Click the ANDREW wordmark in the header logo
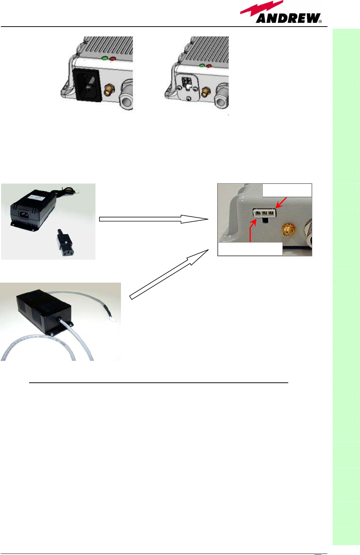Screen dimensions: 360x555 point(288,18)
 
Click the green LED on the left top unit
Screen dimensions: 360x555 point(105,58)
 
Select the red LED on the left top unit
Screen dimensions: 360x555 point(113,59)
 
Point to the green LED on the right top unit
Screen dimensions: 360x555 point(202,66)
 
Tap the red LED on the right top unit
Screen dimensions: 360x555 point(209,66)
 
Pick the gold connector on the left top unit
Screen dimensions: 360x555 point(109,89)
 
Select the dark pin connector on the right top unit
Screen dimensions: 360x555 point(187,82)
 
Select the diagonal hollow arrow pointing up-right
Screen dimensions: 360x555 point(169,274)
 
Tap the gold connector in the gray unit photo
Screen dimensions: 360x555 point(288,231)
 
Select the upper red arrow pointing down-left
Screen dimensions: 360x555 point(281,202)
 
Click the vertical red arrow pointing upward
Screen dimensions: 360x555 point(251,231)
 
